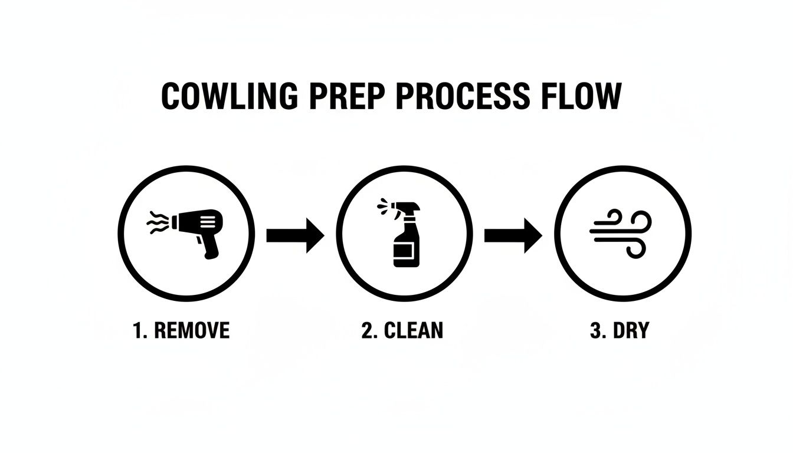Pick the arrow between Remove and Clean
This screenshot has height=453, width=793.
point(295,235)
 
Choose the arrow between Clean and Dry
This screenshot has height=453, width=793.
point(513,235)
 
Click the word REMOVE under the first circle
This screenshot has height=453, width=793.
point(191,331)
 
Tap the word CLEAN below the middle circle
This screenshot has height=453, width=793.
point(413,331)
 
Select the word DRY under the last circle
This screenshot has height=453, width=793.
point(631,331)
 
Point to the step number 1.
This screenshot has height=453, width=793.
point(139,331)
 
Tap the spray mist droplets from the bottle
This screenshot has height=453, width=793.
point(381,206)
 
